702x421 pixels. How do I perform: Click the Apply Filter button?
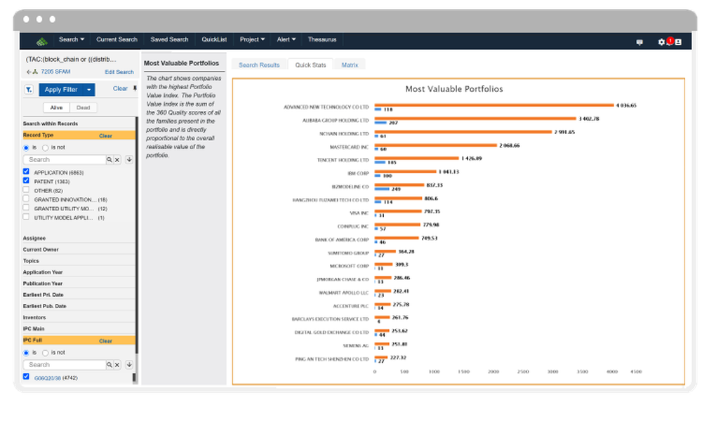pyautogui.click(x=61, y=89)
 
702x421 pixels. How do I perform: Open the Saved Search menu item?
pyautogui.click(x=169, y=40)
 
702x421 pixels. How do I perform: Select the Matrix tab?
pyautogui.click(x=350, y=65)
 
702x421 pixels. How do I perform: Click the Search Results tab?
pyautogui.click(x=259, y=65)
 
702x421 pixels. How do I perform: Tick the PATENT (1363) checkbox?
pyautogui.click(x=26, y=181)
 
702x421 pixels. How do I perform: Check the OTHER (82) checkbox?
pyautogui.click(x=26, y=190)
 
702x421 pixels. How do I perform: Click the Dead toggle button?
pyautogui.click(x=83, y=108)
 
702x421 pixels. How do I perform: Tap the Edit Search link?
pyautogui.click(x=119, y=72)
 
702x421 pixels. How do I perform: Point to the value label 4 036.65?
pyautogui.click(x=626, y=105)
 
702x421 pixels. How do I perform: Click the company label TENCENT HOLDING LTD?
pyautogui.click(x=343, y=160)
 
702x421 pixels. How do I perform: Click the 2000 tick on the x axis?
pyautogui.click(x=493, y=371)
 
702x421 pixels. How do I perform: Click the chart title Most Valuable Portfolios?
pyautogui.click(x=454, y=89)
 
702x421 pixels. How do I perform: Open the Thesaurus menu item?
pyautogui.click(x=322, y=40)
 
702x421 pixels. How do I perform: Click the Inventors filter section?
pyautogui.click(x=35, y=317)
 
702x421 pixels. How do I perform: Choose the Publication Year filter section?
pyautogui.click(x=44, y=283)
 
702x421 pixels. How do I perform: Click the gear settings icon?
pyautogui.click(x=661, y=42)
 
